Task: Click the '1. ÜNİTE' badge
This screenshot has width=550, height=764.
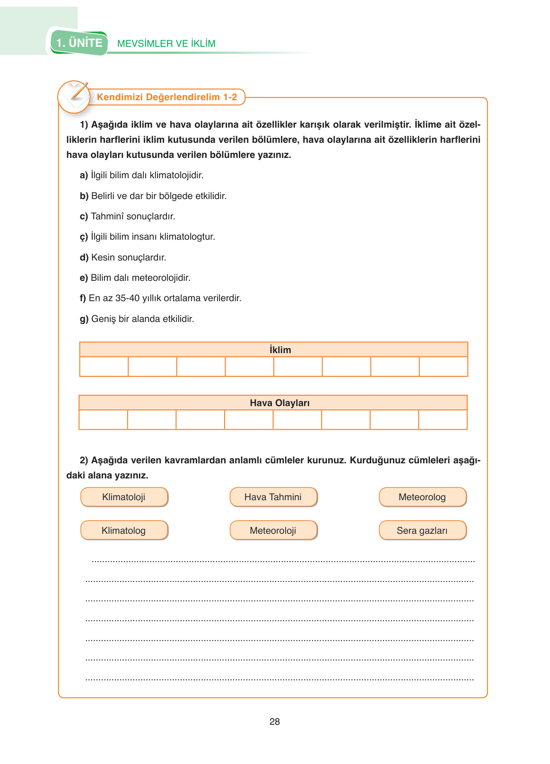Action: click(x=79, y=43)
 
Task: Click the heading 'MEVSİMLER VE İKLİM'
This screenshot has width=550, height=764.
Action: click(x=166, y=43)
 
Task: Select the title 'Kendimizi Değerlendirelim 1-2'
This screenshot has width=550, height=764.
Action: click(x=167, y=97)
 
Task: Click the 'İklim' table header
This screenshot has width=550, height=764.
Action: click(x=280, y=350)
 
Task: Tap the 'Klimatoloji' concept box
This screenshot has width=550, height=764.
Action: click(x=124, y=497)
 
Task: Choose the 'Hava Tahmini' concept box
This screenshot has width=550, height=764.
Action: click(x=273, y=497)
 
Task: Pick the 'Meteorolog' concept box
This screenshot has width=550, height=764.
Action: click(x=422, y=497)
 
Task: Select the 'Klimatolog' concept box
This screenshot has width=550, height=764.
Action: click(x=124, y=530)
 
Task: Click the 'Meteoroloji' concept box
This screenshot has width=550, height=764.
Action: click(x=273, y=530)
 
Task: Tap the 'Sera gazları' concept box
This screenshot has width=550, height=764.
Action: click(x=422, y=530)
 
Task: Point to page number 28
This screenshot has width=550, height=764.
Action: click(x=275, y=721)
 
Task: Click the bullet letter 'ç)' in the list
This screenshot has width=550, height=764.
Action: click(x=84, y=237)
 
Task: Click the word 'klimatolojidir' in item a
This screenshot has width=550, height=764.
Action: click(x=176, y=175)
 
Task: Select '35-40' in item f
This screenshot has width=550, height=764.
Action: click(x=127, y=298)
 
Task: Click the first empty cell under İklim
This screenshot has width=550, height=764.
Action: click(x=104, y=366)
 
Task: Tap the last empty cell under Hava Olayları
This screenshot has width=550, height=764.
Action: click(x=443, y=419)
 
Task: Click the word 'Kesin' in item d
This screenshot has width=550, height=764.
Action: click(x=103, y=258)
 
